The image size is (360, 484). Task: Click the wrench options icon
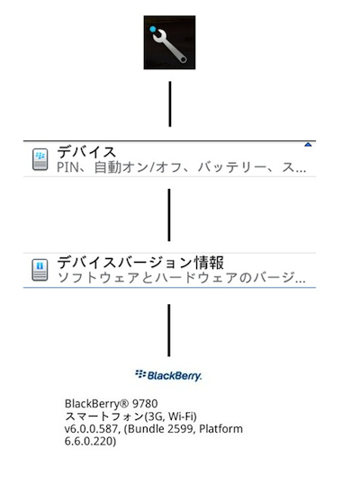click(169, 42)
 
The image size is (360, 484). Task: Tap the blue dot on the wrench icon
click(153, 30)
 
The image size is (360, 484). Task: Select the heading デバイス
click(86, 152)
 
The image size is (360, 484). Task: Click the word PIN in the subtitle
click(67, 167)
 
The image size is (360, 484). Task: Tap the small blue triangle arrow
click(308, 145)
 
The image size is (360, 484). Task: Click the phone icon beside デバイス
click(40, 159)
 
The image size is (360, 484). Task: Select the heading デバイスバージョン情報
click(140, 263)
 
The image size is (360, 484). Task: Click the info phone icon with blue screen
click(40, 270)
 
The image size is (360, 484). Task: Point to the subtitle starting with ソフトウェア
click(182, 278)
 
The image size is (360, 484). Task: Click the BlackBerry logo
click(168, 375)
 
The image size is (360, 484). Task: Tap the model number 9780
click(145, 404)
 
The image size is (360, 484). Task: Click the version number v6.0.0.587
click(91, 429)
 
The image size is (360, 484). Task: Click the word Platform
click(221, 429)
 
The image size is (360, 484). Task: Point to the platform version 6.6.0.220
click(89, 441)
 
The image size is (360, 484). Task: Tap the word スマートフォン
click(104, 417)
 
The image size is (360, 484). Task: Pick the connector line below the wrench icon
click(170, 104)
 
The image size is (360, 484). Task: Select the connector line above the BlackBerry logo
click(169, 330)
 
